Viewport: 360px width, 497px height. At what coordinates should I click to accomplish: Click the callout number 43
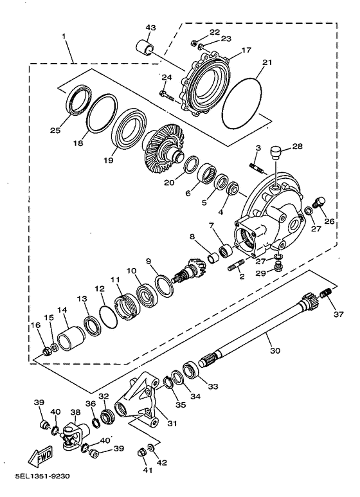click(150, 28)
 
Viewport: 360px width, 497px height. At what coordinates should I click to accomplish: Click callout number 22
click(214, 32)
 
